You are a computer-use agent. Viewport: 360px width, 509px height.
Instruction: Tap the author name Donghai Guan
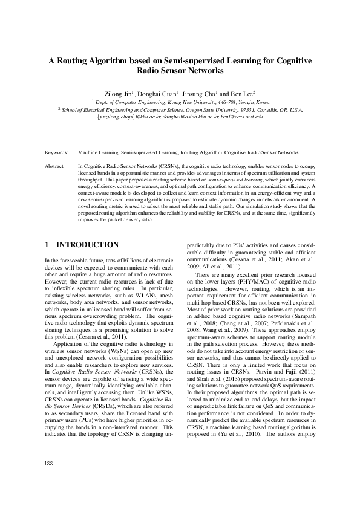156,94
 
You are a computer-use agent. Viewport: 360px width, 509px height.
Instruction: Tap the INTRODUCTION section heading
87,245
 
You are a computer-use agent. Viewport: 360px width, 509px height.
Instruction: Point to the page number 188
50,480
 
